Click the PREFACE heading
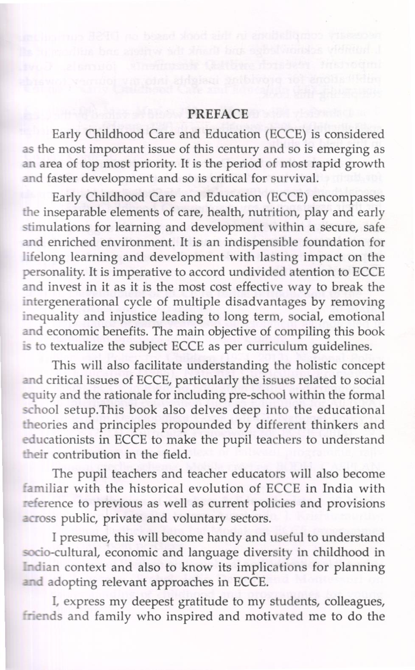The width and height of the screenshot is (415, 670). [218, 114]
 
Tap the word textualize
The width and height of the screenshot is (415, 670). [76, 346]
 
